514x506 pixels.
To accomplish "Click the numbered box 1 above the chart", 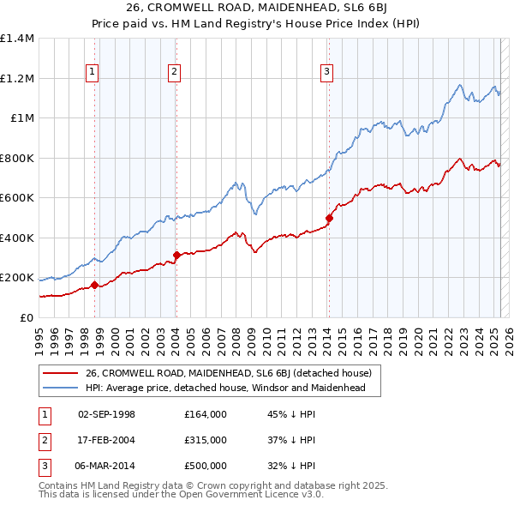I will (x=92, y=72).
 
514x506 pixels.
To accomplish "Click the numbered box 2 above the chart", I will (x=174, y=72).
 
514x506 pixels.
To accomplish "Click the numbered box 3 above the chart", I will (x=326, y=72).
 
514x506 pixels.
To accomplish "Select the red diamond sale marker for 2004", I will (x=176, y=255).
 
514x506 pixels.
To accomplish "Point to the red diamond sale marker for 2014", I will (x=329, y=218).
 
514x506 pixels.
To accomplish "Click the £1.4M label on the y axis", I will (x=17, y=39).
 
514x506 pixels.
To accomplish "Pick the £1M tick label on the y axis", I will (x=22, y=118).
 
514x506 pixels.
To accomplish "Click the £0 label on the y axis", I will (x=27, y=317).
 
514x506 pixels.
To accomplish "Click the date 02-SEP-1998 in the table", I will (x=106, y=414).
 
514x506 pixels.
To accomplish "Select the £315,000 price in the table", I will (x=205, y=440).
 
